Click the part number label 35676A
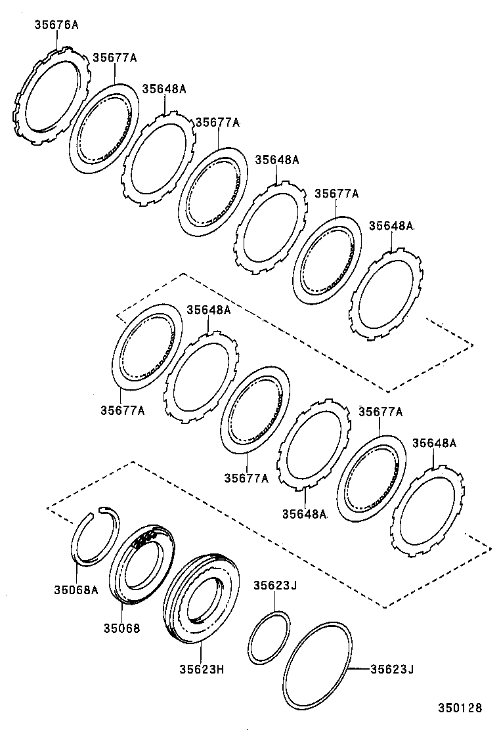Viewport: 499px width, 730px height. (x=56, y=26)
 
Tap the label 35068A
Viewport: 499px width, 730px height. (x=76, y=590)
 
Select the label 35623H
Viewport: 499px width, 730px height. (x=202, y=669)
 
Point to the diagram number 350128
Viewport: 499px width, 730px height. (x=460, y=708)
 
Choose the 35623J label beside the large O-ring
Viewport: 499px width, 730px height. (x=392, y=669)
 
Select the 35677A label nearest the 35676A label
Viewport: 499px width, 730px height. (x=114, y=58)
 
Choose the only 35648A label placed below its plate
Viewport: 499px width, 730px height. (x=304, y=513)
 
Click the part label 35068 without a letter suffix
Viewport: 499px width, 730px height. (x=121, y=628)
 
